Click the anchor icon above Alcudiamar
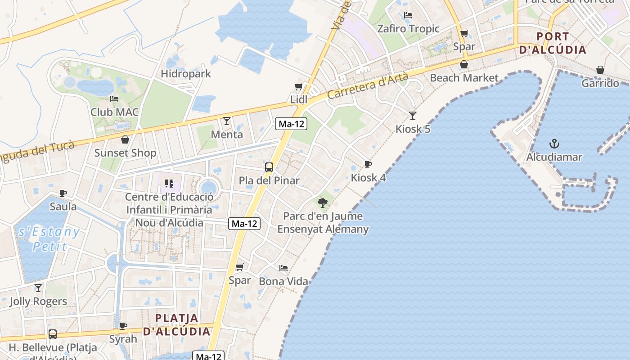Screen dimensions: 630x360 tap(554, 144)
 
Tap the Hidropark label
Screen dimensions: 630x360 tap(186, 74)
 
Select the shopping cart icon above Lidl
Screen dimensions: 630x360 tap(298, 87)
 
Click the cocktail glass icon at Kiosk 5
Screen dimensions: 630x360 tap(413, 116)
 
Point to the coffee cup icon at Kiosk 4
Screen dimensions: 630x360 tap(368, 165)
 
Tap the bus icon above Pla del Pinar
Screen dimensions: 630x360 tap(269, 167)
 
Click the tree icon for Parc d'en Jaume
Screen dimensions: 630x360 tap(323, 202)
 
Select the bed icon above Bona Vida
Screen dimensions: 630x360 tap(283, 268)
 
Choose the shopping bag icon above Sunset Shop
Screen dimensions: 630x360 tap(125, 140)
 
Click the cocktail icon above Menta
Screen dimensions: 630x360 tap(227, 121)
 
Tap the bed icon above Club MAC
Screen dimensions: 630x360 tap(114, 99)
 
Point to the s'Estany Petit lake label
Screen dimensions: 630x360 tap(49, 239)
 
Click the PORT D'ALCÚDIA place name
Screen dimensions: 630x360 tap(553, 43)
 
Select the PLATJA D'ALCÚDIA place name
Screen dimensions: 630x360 tap(176, 325)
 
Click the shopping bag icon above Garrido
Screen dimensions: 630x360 tap(600, 70)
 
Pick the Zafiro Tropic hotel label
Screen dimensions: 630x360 tap(408, 29)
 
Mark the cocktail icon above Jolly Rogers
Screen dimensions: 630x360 tap(38, 288)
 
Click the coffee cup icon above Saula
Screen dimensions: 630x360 tap(63, 193)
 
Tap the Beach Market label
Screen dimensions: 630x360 tap(464, 78)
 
